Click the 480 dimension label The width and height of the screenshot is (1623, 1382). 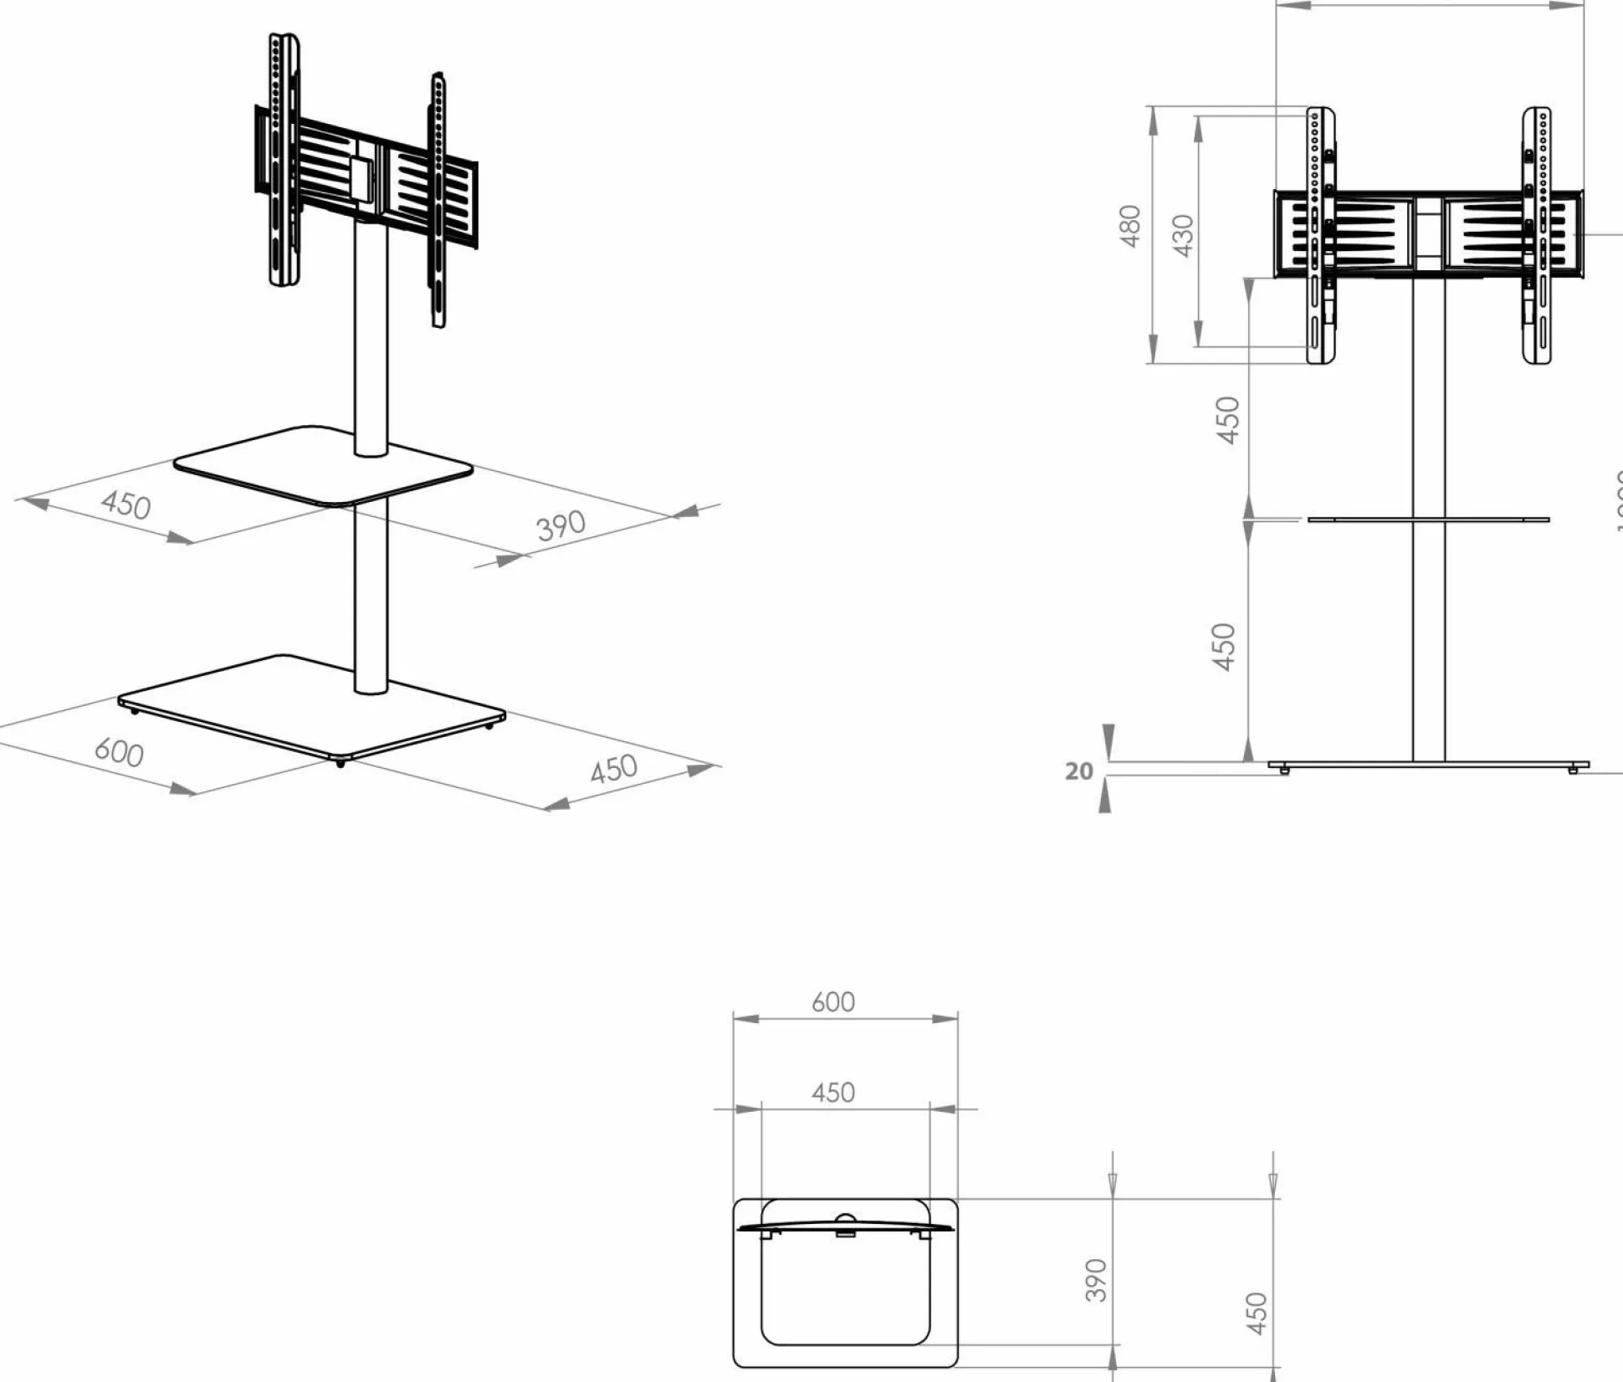tap(1130, 226)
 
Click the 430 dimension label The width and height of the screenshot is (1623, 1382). tap(1183, 235)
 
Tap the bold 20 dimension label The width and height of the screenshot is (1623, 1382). tap(1079, 770)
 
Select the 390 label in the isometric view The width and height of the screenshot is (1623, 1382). tap(561, 525)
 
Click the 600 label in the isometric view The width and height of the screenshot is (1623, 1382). tap(119, 751)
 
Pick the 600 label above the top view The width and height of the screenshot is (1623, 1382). tap(833, 1002)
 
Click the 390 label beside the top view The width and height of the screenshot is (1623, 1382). tap(1096, 1280)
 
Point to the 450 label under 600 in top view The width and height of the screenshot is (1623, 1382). tap(833, 1093)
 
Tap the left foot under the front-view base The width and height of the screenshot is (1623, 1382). tap(1285, 770)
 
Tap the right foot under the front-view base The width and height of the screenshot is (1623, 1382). tap(1572, 770)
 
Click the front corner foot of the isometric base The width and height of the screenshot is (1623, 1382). tap(340, 764)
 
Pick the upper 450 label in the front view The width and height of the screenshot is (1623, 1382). tap(1227, 420)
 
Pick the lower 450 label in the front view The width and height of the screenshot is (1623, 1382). tap(1223, 647)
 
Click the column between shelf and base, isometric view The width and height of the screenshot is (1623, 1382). tap(371, 594)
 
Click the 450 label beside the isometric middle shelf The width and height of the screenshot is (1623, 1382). tap(126, 505)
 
